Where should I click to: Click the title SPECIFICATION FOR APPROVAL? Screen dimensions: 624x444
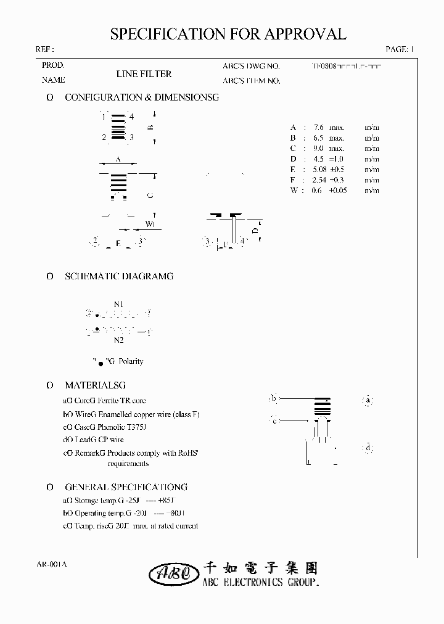click(228, 34)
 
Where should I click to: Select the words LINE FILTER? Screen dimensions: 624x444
click(144, 74)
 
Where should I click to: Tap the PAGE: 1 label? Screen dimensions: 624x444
click(400, 49)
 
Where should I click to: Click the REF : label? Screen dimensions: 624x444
click(44, 49)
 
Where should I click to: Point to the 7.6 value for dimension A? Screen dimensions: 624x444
click(319, 127)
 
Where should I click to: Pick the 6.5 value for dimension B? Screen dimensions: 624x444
click(319, 138)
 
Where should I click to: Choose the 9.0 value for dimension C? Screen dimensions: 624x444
click(319, 148)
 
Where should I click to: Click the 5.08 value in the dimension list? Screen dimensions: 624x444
click(321, 169)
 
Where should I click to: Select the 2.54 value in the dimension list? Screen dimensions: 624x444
click(321, 179)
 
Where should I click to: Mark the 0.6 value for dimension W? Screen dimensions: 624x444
click(317, 191)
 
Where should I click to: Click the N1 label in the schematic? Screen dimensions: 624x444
click(119, 304)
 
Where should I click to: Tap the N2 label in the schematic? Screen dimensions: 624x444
click(119, 340)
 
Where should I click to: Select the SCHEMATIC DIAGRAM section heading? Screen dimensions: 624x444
click(118, 276)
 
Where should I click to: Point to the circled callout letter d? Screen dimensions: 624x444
click(368, 448)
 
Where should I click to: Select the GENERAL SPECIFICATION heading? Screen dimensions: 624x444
click(126, 486)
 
